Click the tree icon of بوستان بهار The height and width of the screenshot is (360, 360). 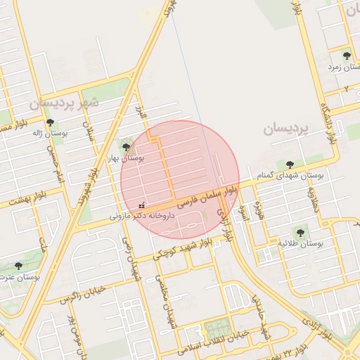(126, 147)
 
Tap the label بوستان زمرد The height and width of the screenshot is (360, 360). (343, 66)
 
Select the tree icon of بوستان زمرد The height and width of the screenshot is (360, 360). (346, 55)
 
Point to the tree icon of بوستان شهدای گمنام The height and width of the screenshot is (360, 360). (290, 164)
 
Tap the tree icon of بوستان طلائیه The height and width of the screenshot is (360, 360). (300, 231)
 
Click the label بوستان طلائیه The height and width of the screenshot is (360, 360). (300, 243)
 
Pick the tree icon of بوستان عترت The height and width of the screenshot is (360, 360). (18, 266)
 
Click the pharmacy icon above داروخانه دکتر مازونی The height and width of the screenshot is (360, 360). (143, 204)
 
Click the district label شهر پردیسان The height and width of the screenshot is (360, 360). (64, 103)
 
